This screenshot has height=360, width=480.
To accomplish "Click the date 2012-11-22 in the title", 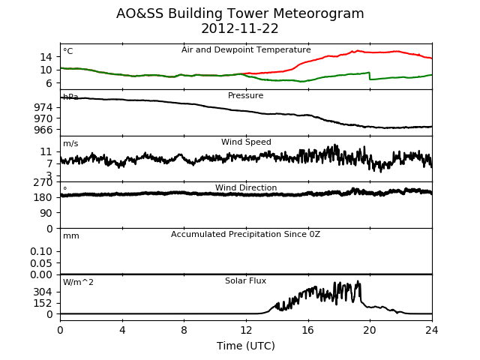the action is point(240,28).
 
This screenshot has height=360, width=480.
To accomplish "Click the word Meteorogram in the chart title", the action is point(318,13).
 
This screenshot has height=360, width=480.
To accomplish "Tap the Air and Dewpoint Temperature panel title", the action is point(246,49).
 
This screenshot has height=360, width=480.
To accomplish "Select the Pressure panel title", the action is point(245,95).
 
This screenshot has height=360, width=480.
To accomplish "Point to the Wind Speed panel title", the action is point(246,142).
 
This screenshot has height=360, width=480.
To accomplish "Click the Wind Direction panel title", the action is point(246,187).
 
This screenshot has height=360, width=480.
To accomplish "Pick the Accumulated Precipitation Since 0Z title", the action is point(245,234).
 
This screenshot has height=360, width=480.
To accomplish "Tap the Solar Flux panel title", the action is point(245,280).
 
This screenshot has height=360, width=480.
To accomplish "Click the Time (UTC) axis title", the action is point(246,346).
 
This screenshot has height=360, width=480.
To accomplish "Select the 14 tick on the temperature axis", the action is point(46,57).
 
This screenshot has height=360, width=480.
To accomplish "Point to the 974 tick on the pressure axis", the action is point(43,107).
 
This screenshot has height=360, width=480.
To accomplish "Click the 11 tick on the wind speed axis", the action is point(46,151).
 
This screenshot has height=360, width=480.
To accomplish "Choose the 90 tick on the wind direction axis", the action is point(46,213).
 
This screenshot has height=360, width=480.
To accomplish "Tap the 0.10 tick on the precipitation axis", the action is point(41,251).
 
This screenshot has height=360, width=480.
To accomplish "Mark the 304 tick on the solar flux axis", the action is point(43,292).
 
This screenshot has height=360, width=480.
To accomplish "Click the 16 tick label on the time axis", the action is point(308,330).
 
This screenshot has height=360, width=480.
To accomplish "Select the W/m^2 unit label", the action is point(78,282).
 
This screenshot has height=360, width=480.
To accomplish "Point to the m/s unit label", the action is point(70,143).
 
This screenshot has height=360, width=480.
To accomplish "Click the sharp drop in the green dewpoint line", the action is point(370,76).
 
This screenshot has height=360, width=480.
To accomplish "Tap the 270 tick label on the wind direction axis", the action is point(43,182).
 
